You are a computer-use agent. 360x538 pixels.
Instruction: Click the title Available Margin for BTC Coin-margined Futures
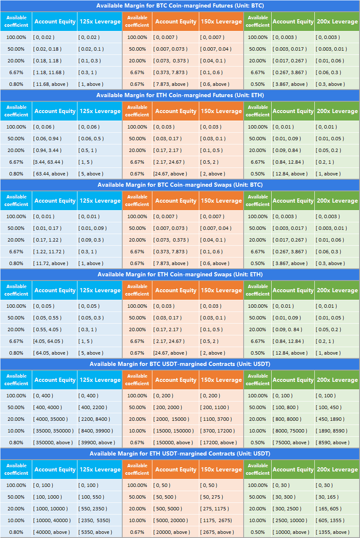180,6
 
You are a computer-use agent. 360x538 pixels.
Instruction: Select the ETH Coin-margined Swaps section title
180,275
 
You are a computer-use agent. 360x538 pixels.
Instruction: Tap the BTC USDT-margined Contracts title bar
180,364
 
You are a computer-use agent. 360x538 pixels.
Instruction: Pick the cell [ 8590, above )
333,443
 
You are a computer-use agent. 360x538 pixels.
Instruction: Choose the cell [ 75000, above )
291,443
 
